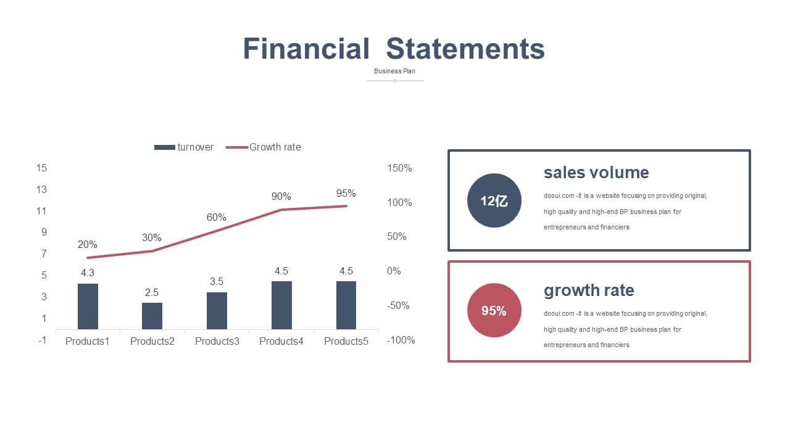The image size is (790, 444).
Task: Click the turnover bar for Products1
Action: pyautogui.click(x=88, y=306)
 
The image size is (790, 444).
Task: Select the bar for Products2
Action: pyautogui.click(x=152, y=316)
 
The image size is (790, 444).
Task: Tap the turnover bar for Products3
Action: pyautogui.click(x=217, y=310)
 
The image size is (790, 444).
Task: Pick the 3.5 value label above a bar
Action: pyautogui.click(x=217, y=281)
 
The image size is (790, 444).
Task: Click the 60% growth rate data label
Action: pyautogui.click(x=216, y=217)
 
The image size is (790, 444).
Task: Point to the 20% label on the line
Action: pyautogui.click(x=87, y=244)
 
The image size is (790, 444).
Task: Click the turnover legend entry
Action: pyautogui.click(x=184, y=147)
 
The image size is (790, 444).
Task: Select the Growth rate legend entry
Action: pyautogui.click(x=263, y=147)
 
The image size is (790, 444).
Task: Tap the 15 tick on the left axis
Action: pyautogui.click(x=41, y=168)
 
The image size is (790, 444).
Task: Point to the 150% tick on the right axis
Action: pyautogui.click(x=399, y=168)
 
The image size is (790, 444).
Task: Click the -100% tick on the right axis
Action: pyautogui.click(x=401, y=340)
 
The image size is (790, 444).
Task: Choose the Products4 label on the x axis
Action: pyautogui.click(x=281, y=341)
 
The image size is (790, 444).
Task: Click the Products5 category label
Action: pyautogui.click(x=346, y=341)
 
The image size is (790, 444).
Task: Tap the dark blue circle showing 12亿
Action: pyautogui.click(x=494, y=200)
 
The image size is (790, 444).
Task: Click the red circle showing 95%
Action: pyautogui.click(x=494, y=310)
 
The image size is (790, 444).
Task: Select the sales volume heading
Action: pyautogui.click(x=596, y=173)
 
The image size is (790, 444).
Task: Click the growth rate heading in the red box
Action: pyautogui.click(x=589, y=290)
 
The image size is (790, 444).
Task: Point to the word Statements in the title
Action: pyautogui.click(x=465, y=49)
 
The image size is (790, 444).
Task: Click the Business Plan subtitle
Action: pyautogui.click(x=394, y=71)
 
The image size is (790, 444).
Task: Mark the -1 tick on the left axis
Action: pyautogui.click(x=43, y=340)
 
